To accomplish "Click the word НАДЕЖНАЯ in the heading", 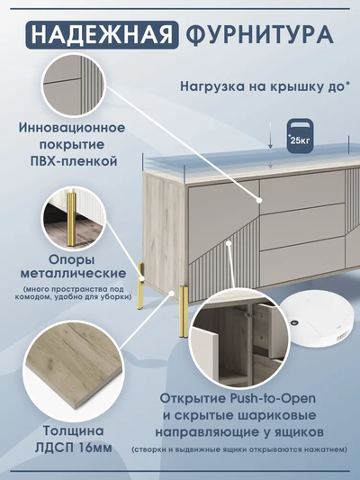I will pyautogui.click(x=99, y=35).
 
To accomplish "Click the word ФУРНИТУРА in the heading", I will pyautogui.click(x=258, y=35).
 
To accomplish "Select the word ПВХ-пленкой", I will pyautogui.click(x=72, y=159).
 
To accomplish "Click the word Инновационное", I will pyautogui.click(x=72, y=128).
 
